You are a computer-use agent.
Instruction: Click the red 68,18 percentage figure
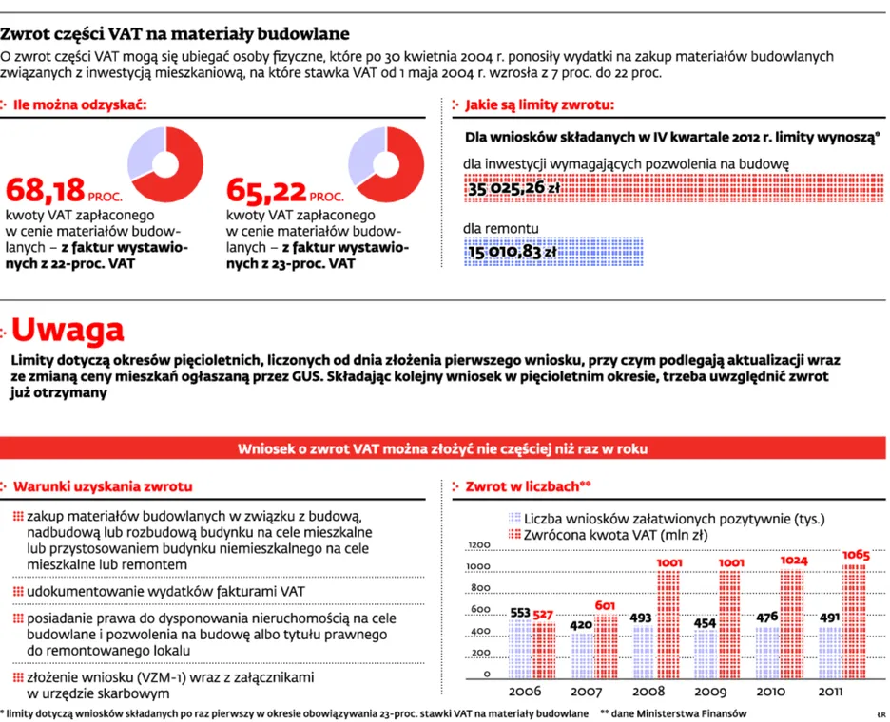click(45, 190)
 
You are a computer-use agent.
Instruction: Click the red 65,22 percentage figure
click(266, 190)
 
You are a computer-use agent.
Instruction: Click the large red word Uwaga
click(68, 330)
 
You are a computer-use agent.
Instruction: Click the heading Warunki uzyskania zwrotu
click(103, 486)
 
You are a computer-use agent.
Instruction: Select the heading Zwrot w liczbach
click(522, 486)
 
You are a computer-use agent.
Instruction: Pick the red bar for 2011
click(854, 621)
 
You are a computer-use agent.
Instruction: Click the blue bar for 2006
click(520, 649)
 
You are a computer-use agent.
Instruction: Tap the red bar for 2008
click(668, 624)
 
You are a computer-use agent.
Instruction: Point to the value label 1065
click(856, 555)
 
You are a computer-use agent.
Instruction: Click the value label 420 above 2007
click(581, 625)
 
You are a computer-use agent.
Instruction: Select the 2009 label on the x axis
click(710, 692)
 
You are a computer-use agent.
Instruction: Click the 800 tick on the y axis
click(480, 588)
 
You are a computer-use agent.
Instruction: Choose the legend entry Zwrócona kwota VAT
click(609, 535)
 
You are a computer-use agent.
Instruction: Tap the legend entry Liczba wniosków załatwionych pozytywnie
click(667, 519)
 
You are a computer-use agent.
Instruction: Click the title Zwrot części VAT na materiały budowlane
click(175, 34)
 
